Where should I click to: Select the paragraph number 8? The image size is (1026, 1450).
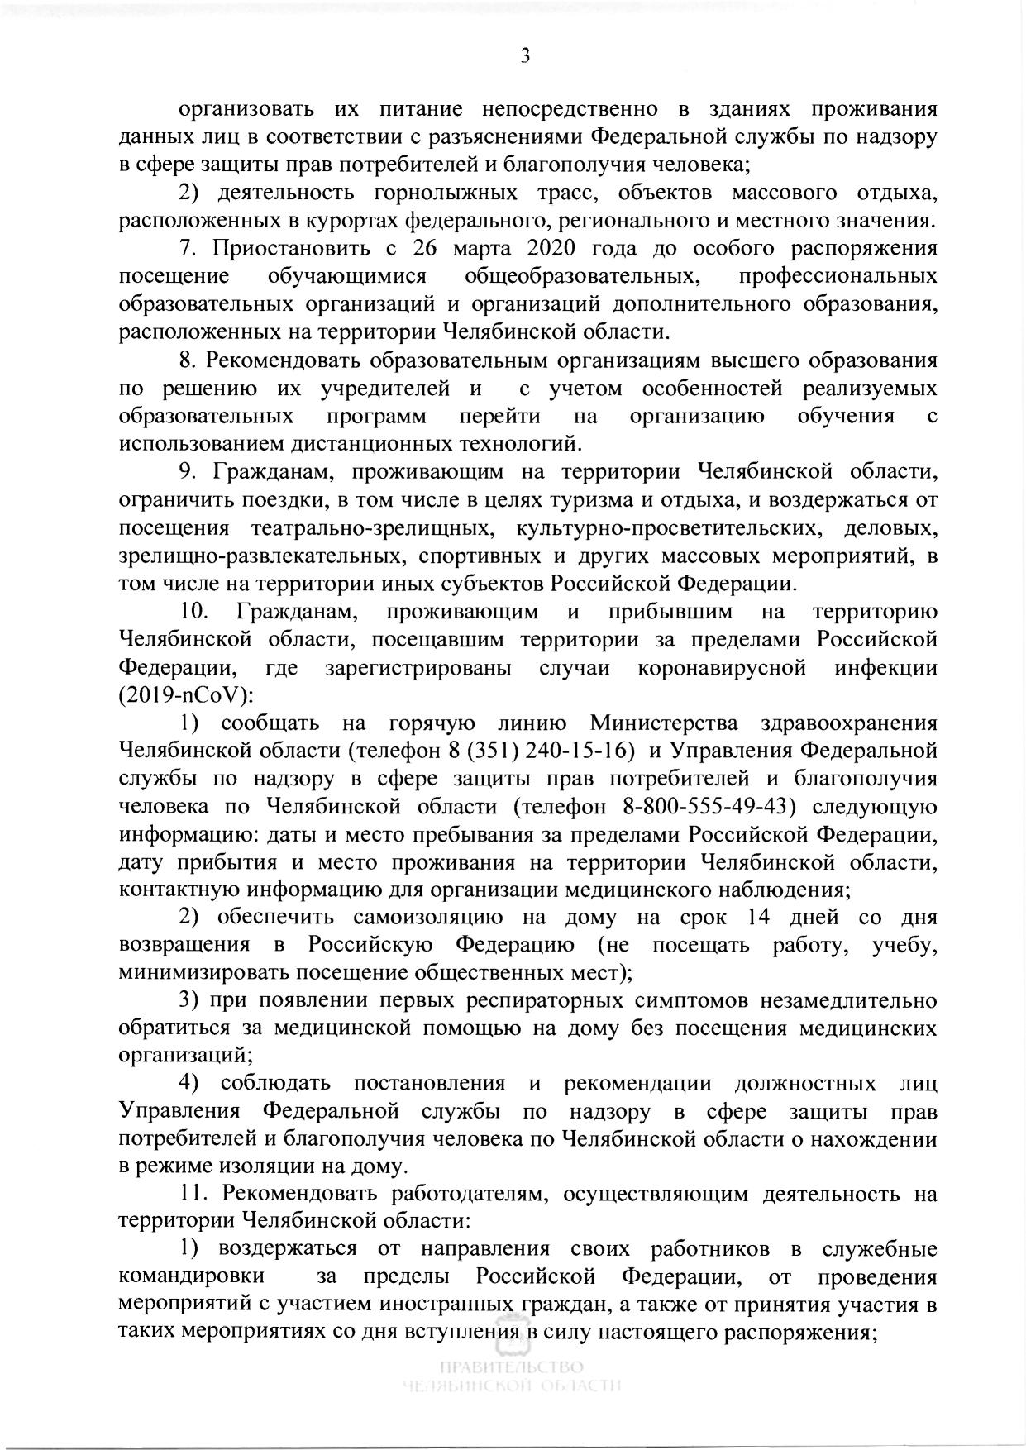tap(186, 360)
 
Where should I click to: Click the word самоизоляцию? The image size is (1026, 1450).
tap(428, 918)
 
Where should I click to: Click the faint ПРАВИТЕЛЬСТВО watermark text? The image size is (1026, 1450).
tap(512, 1366)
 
